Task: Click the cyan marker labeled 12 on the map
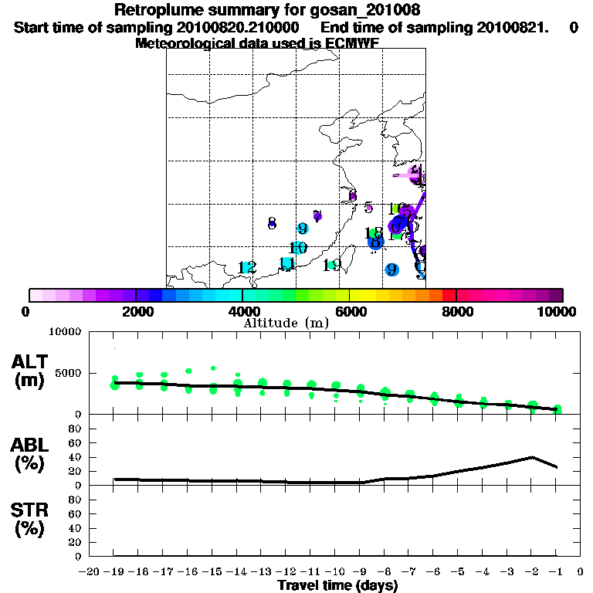[246, 267]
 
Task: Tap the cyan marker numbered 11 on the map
[286, 264]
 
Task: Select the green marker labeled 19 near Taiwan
[332, 265]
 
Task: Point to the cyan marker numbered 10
[298, 248]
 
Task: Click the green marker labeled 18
[374, 232]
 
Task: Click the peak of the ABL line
[533, 456]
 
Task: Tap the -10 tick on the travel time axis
[334, 572]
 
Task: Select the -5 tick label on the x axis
[457, 572]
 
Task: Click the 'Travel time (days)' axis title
[337, 585]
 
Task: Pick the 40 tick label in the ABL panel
[76, 456]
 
